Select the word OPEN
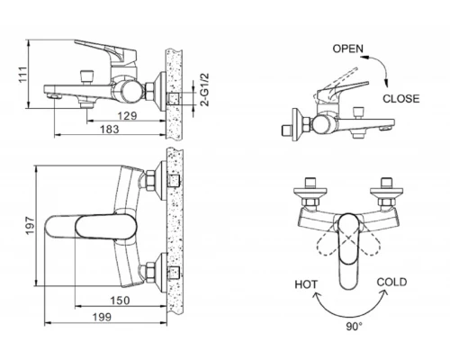click(349, 46)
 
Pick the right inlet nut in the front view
click(389, 192)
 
